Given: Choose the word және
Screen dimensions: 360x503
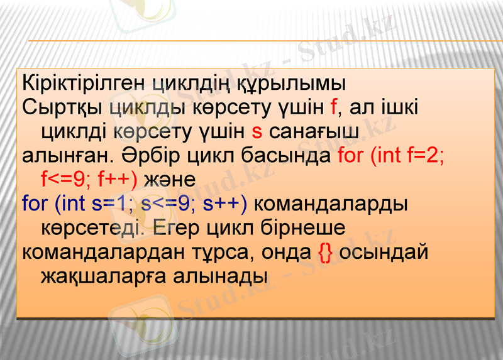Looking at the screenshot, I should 170,180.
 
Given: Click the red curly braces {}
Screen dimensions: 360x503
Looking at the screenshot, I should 326,252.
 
